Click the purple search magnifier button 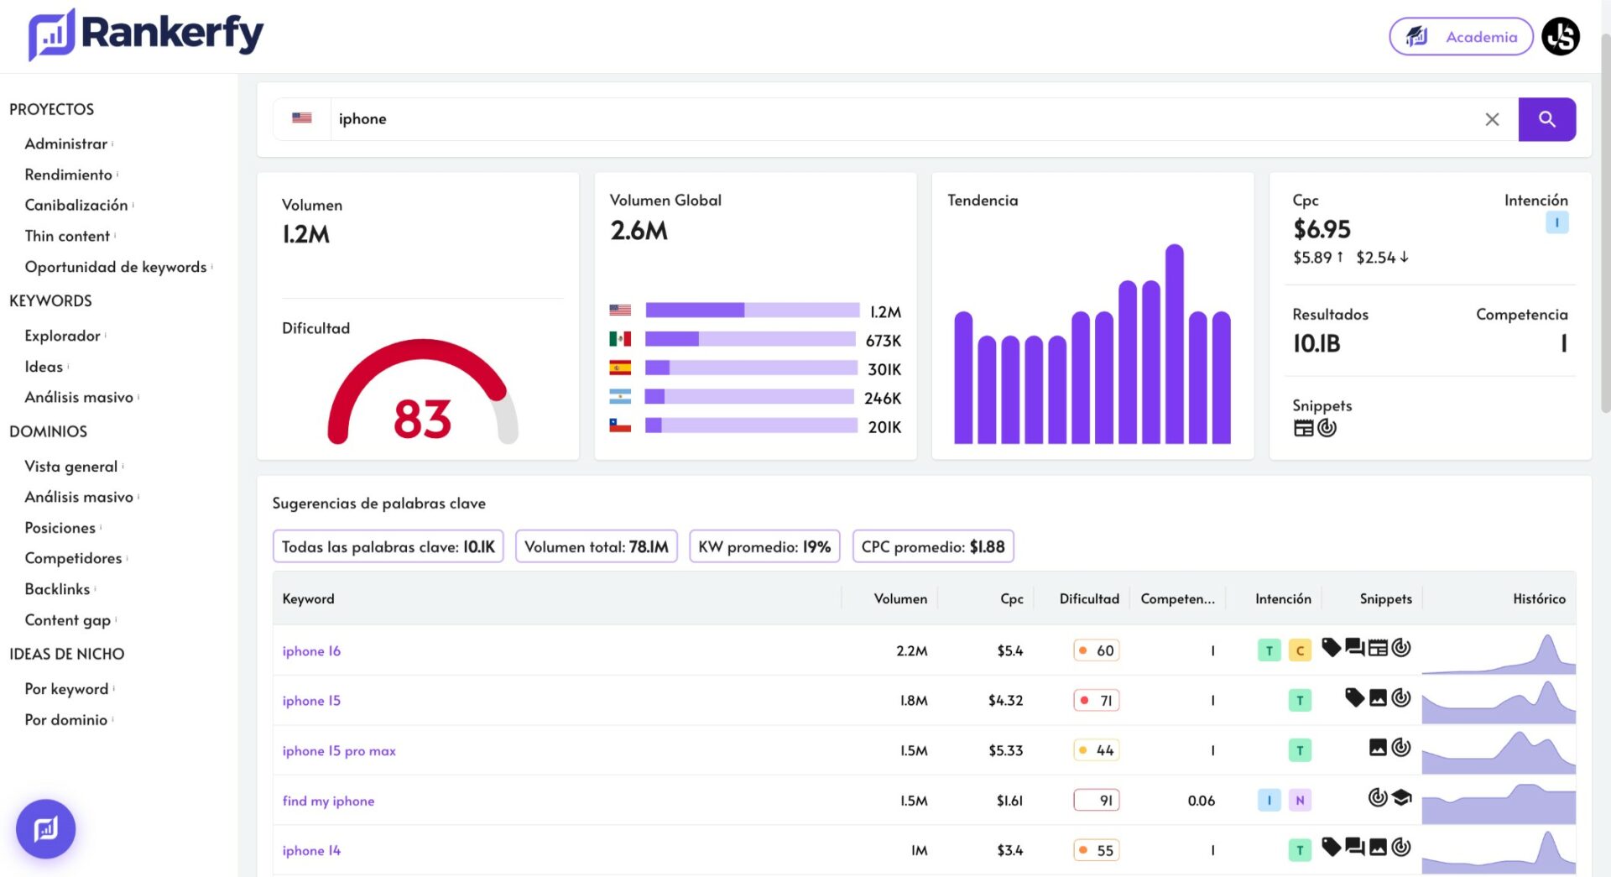coord(1546,119)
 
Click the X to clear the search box coord(1492,119)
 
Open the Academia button coord(1461,37)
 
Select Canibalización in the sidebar coord(76,206)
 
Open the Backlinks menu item coord(57,589)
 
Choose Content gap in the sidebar coord(68,620)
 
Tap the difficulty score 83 coord(422,419)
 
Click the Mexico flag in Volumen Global coord(620,339)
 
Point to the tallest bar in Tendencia coord(1175,343)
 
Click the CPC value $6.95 coord(1322,229)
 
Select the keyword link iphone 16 coord(311,650)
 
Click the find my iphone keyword coord(328,801)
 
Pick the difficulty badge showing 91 coord(1097,801)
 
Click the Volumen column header coord(900,598)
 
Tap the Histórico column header coord(1539,598)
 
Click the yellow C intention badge coord(1300,650)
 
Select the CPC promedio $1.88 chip coord(933,546)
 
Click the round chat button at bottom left coord(46,829)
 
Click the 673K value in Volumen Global coord(884,341)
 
